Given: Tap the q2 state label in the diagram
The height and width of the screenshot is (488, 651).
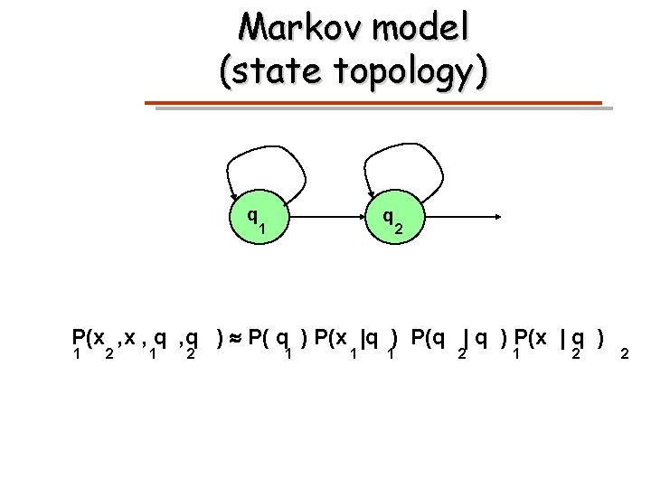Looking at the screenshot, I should [x=392, y=220].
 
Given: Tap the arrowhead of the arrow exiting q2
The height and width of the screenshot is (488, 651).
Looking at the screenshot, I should [x=500, y=218].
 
